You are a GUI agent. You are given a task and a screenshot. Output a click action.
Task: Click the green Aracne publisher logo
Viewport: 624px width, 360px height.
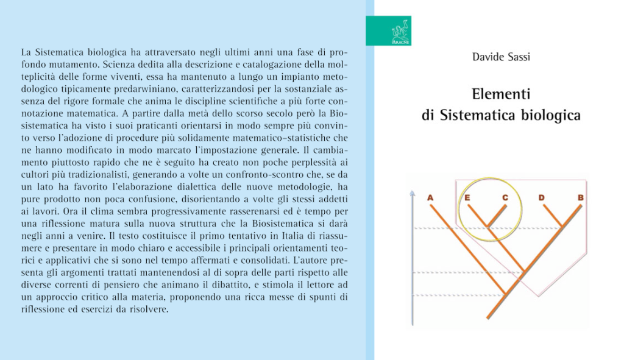pyautogui.click(x=388, y=30)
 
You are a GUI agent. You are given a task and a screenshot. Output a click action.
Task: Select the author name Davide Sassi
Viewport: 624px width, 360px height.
pyautogui.click(x=501, y=57)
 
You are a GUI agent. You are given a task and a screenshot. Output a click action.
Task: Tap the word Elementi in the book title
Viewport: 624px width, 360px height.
pyautogui.click(x=501, y=94)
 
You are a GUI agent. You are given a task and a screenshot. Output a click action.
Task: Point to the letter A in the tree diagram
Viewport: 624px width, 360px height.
pyautogui.click(x=430, y=197)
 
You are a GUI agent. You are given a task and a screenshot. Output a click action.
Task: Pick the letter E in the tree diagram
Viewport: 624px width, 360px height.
pyautogui.click(x=467, y=197)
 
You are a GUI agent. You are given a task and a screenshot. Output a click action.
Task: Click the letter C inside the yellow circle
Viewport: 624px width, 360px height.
pyautogui.click(x=505, y=197)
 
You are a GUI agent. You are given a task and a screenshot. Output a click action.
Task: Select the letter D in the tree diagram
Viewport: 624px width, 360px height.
pyautogui.click(x=542, y=197)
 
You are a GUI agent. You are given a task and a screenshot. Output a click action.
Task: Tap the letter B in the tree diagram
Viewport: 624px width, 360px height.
pyautogui.click(x=580, y=197)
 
